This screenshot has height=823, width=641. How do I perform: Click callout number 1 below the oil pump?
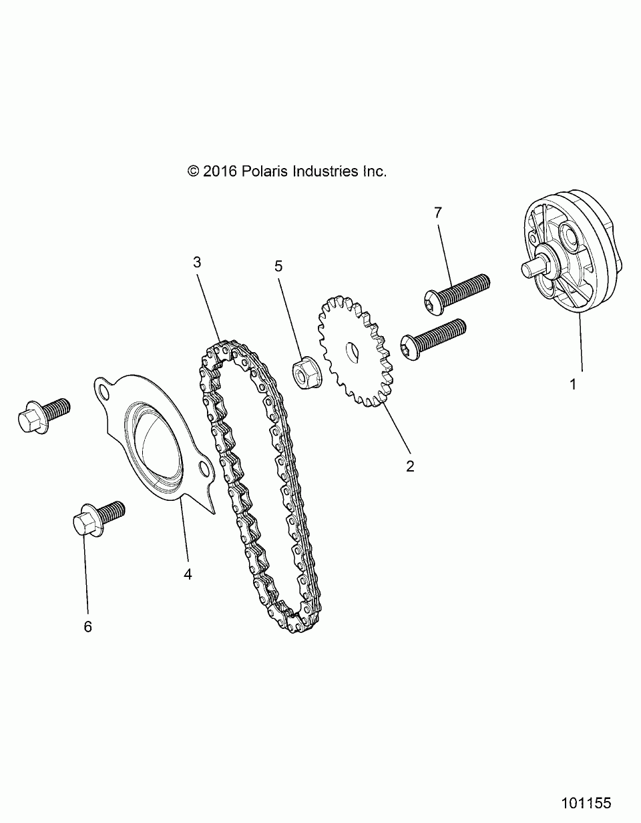pyautogui.click(x=572, y=384)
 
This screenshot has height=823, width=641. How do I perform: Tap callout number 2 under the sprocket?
pyautogui.click(x=410, y=466)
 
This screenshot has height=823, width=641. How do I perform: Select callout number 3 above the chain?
pyautogui.click(x=197, y=262)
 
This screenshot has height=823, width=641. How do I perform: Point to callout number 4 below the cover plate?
pyautogui.click(x=188, y=574)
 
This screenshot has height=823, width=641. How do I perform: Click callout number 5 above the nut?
pyautogui.click(x=278, y=266)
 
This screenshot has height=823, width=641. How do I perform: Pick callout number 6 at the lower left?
pyautogui.click(x=87, y=627)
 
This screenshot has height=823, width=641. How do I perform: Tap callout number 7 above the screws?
pyautogui.click(x=438, y=213)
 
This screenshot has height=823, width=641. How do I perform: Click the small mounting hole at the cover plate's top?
pyautogui.click(x=103, y=389)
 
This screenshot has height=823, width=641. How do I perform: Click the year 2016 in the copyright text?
pyautogui.click(x=220, y=171)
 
